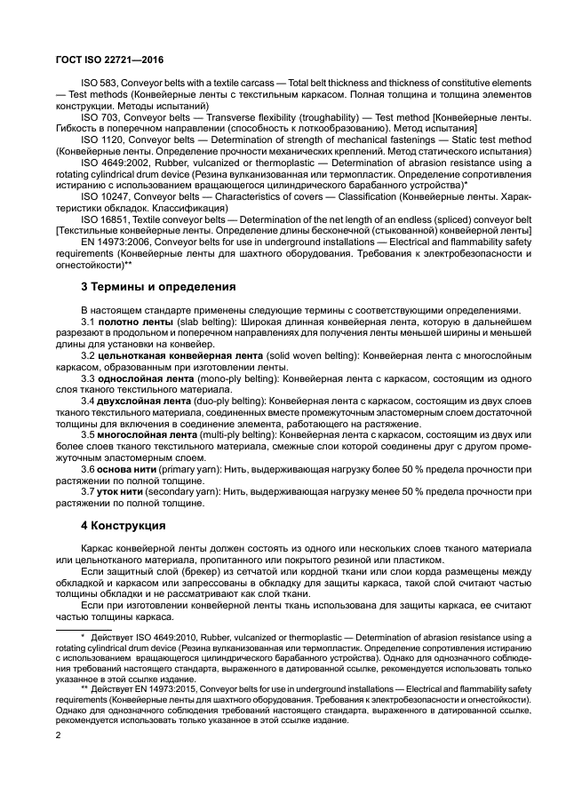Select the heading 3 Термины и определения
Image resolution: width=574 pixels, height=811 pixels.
pyautogui.click(x=158, y=287)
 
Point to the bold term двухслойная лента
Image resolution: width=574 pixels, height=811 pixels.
pyautogui.click(x=145, y=402)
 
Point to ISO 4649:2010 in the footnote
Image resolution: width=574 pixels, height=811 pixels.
pyautogui.click(x=180, y=638)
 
